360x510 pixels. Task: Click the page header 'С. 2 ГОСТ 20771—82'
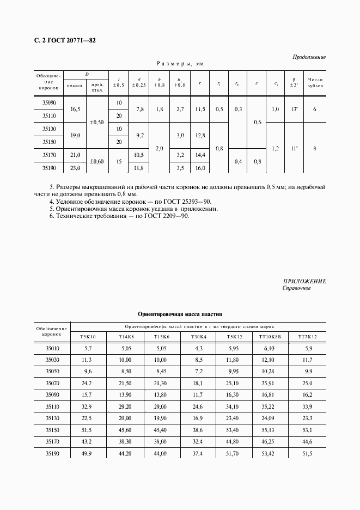click(60, 41)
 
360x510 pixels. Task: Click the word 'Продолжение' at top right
click(309, 57)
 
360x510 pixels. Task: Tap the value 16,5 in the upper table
click(75, 110)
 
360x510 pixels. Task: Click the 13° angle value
click(294, 110)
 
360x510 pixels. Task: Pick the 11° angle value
click(294, 148)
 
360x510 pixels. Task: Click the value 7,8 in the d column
click(139, 110)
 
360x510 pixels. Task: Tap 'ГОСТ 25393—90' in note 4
click(187, 201)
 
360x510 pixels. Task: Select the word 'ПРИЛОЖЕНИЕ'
click(304, 281)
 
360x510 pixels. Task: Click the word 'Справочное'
click(296, 288)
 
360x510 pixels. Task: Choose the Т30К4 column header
click(198, 337)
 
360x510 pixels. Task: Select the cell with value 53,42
click(271, 453)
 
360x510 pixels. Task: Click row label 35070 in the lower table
click(52, 384)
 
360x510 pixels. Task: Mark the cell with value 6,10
click(271, 349)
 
